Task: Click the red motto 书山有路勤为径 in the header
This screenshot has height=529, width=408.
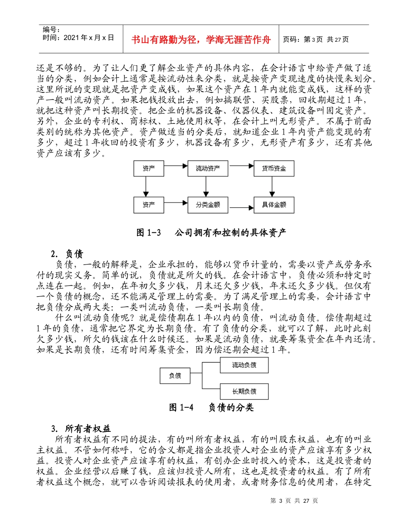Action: [x=201, y=40]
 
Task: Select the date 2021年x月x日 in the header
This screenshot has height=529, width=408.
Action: [x=78, y=37]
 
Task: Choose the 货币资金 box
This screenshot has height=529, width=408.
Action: [x=274, y=169]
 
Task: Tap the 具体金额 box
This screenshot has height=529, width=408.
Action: [x=274, y=205]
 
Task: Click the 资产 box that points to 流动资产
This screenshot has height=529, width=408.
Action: [x=149, y=169]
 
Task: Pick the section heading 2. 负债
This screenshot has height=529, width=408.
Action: [x=67, y=253]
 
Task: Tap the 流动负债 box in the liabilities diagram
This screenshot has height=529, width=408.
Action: [x=244, y=365]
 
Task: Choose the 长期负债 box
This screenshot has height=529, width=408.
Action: [x=244, y=391]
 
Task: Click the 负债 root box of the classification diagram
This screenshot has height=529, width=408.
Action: [x=175, y=376]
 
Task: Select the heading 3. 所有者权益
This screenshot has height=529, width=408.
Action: [x=81, y=428]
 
